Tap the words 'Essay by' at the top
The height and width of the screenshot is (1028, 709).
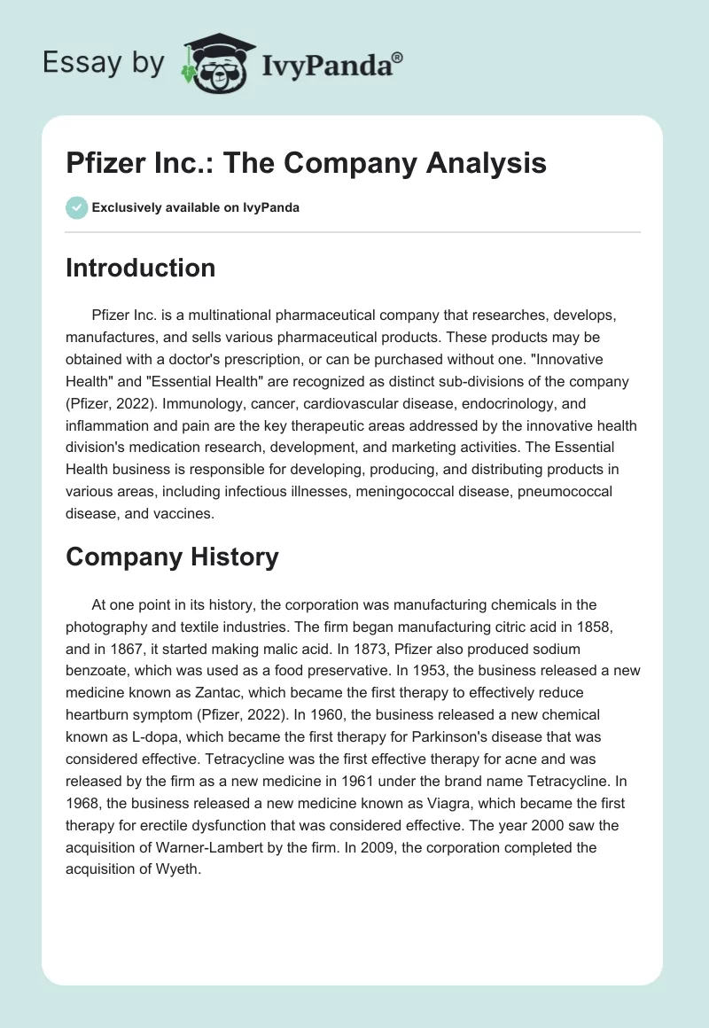pyautogui.click(x=104, y=63)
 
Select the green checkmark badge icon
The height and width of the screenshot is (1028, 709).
pyautogui.click(x=76, y=207)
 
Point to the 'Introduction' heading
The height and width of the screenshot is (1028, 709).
pyautogui.click(x=140, y=268)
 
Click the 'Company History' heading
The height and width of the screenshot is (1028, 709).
pyautogui.click(x=172, y=557)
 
